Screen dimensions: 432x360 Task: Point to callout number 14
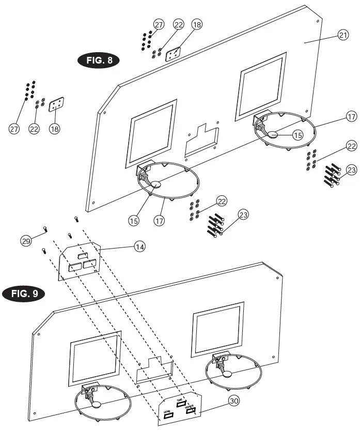click(139, 247)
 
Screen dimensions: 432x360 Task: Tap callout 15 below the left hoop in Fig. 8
click(134, 220)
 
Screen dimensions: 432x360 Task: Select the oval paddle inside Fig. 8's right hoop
click(273, 135)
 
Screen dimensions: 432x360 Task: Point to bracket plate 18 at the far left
click(56, 105)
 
